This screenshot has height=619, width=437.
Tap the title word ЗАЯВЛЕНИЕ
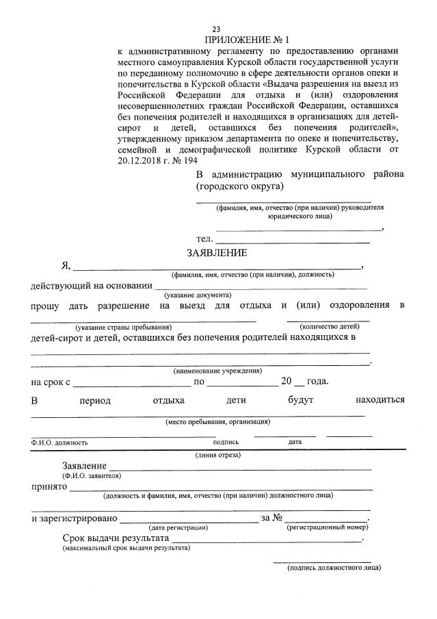point(217,252)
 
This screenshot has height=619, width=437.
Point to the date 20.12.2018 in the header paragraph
point(141,159)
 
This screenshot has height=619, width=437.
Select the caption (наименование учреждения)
point(217,370)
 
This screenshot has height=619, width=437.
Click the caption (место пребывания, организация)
point(217,421)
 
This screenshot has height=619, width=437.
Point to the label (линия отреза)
point(217,454)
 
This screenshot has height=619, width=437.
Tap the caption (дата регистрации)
point(178,527)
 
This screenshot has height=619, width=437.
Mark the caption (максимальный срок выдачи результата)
point(126,548)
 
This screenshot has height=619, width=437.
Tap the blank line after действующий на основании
point(260,286)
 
